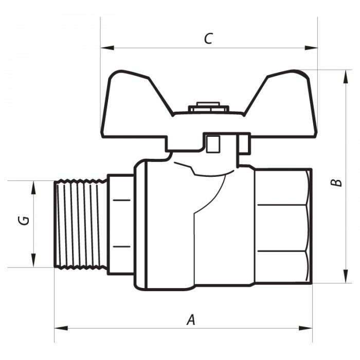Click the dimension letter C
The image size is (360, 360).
click(x=208, y=39)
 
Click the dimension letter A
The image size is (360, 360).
click(x=191, y=320)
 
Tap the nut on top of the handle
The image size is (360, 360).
click(x=208, y=109)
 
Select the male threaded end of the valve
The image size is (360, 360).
click(x=80, y=224)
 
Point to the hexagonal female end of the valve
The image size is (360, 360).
click(x=283, y=226)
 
